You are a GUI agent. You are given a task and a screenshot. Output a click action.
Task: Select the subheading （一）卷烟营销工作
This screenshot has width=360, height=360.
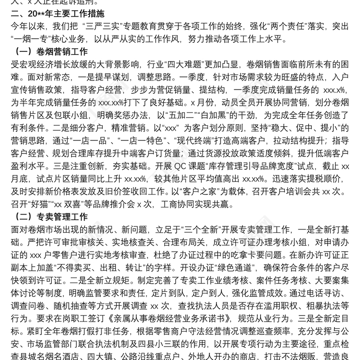[x=51, y=51]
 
